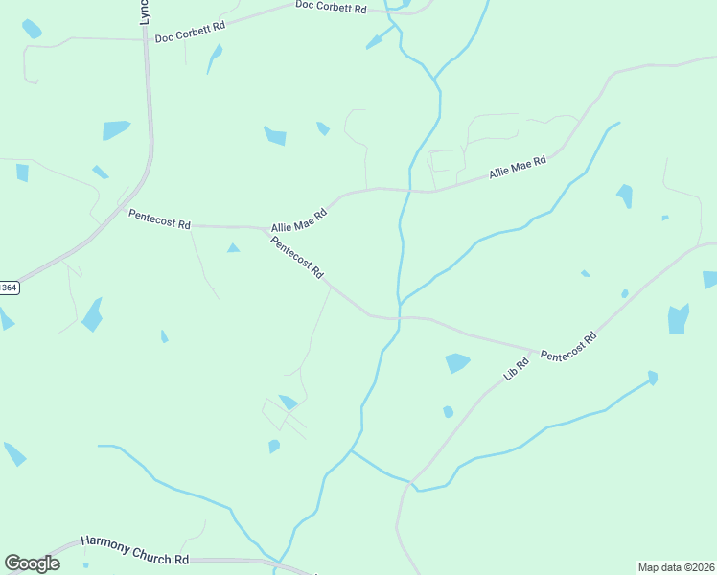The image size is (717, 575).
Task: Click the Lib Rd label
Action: pos(517,369)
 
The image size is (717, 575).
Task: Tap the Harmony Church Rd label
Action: pos(134,551)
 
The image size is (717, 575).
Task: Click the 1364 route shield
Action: pos(8,287)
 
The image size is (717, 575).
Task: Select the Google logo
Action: pos(32,563)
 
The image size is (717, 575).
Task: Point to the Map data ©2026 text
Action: pos(676,566)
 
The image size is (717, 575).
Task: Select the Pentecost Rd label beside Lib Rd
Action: pos(568,347)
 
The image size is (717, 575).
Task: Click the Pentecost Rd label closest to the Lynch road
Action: pos(159,218)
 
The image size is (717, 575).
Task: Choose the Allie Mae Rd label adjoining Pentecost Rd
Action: pos(299,220)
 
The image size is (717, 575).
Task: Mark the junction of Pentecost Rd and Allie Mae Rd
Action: pos(266,228)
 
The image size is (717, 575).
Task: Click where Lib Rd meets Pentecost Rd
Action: pos(534,351)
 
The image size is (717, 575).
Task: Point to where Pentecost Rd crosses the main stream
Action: pos(398,317)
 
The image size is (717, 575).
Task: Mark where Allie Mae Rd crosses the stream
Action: pos(409,190)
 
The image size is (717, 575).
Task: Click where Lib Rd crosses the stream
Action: pos(414,482)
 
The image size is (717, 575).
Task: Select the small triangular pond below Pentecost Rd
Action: pos(233,248)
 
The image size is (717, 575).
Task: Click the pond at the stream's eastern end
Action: pos(653,377)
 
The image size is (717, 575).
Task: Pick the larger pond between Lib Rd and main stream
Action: pos(457,363)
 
